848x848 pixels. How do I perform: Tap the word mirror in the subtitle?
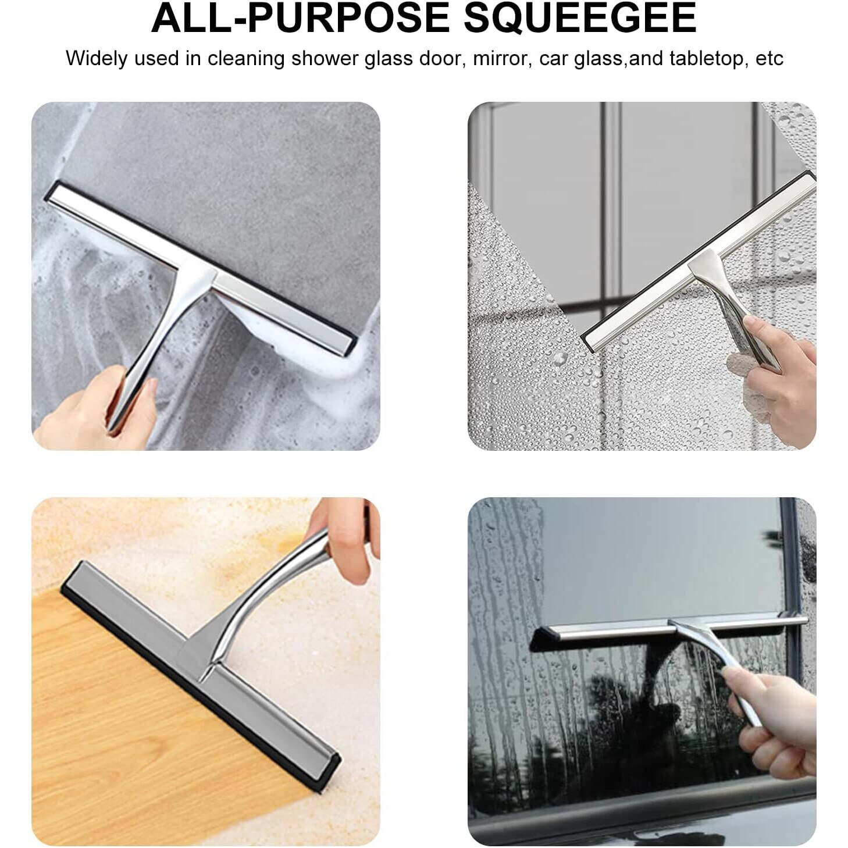coord(502,59)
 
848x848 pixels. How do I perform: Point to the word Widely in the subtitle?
coord(98,59)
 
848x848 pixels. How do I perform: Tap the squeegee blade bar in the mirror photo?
coord(699,260)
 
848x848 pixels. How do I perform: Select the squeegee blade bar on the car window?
coord(668,633)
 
